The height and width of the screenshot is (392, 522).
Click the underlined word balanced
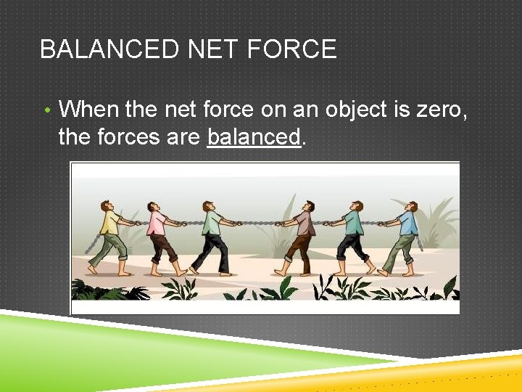pos(253,136)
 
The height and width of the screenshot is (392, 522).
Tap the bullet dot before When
pos(46,111)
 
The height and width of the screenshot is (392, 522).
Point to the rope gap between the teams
pos(257,223)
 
